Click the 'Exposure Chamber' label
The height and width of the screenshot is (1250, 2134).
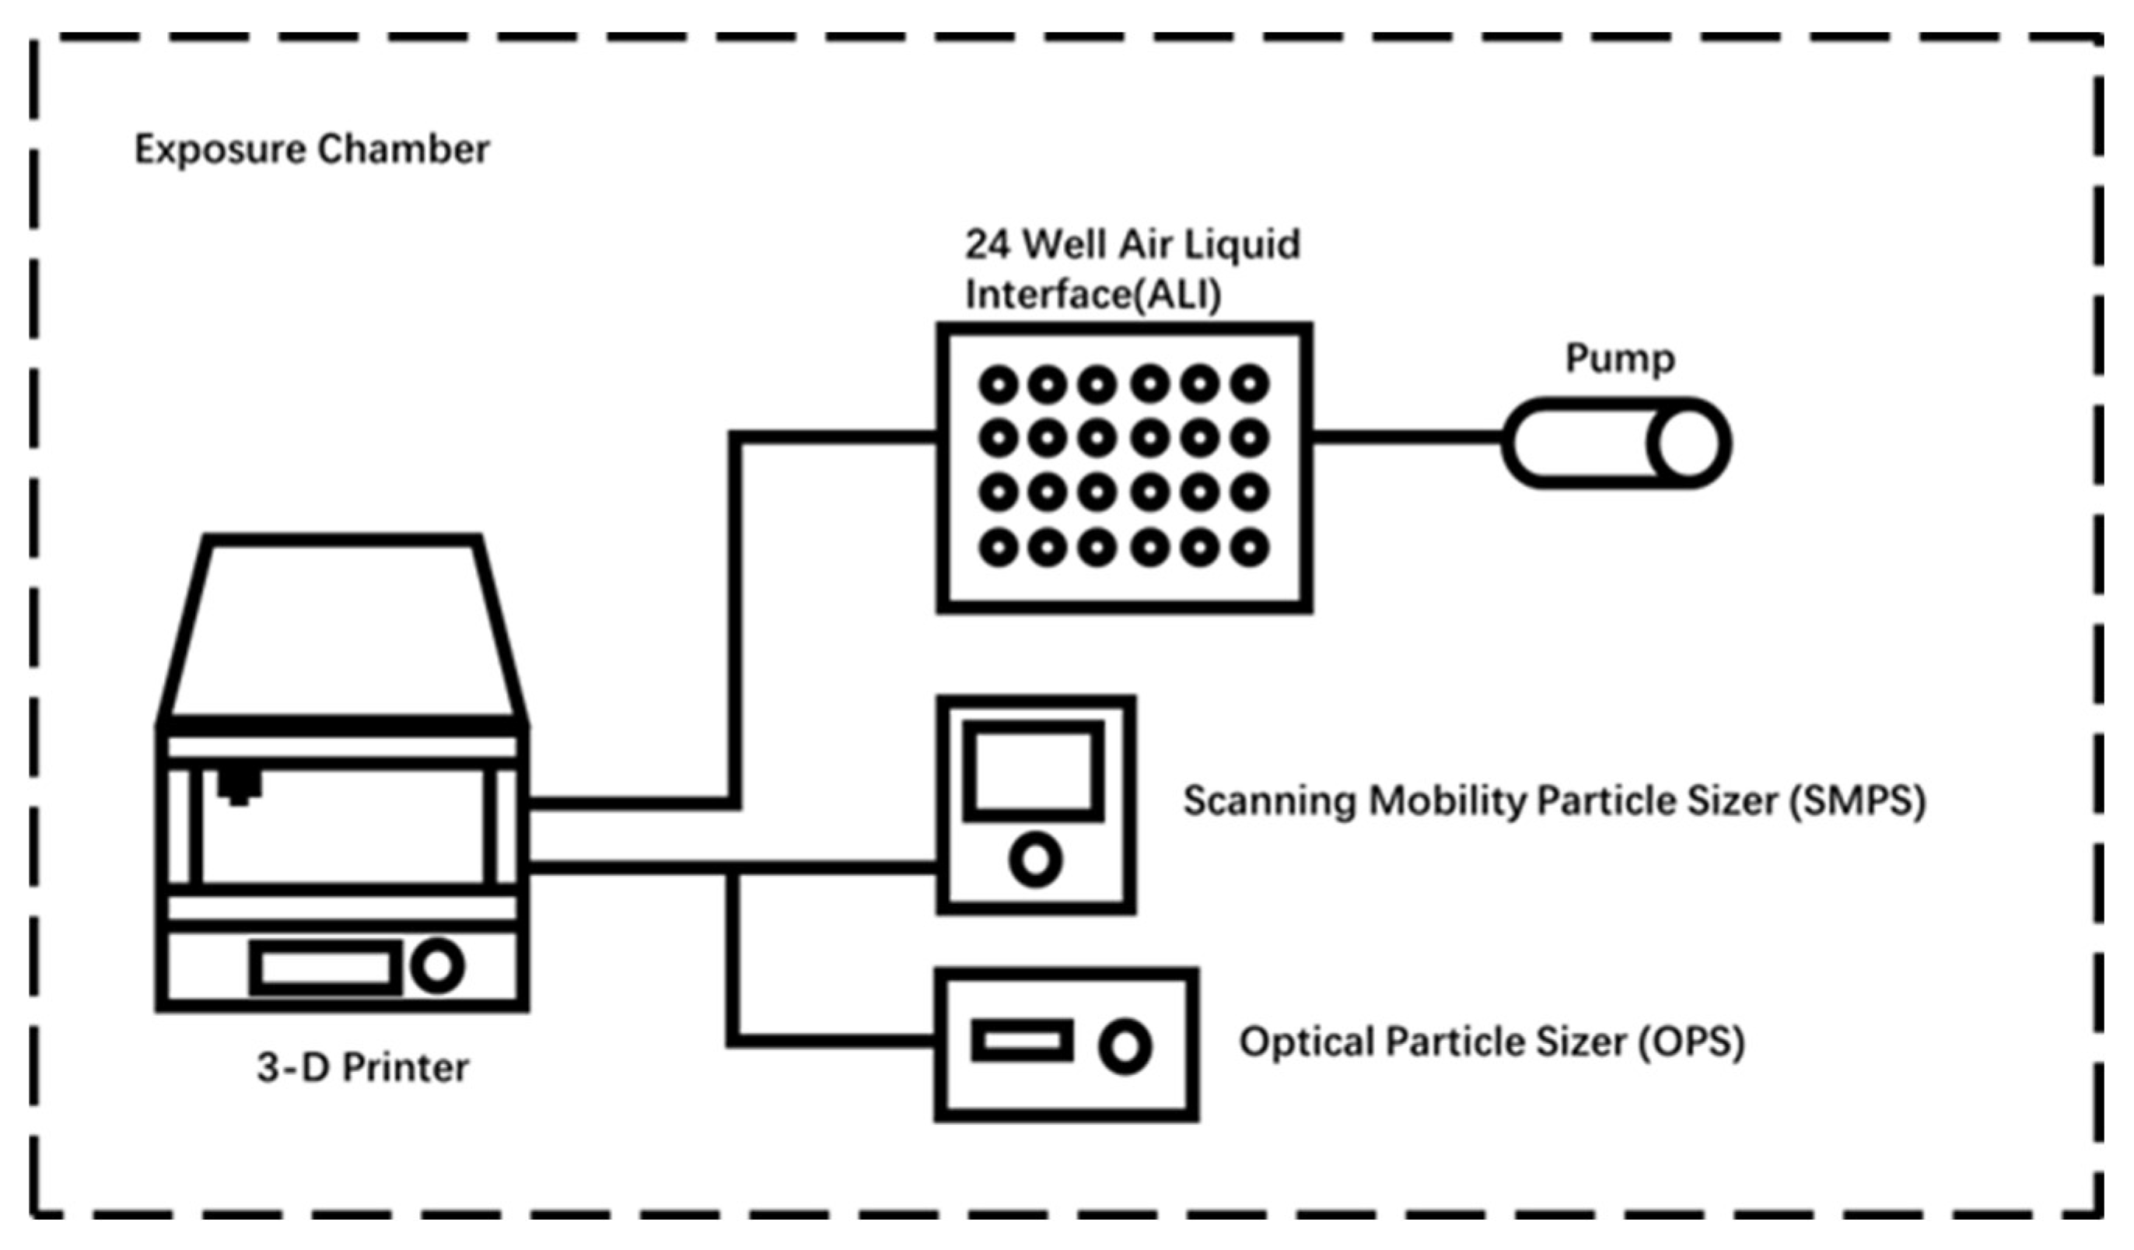pos(312,150)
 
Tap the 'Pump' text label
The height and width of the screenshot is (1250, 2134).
pos(1619,359)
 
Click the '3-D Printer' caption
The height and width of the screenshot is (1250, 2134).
pos(362,1068)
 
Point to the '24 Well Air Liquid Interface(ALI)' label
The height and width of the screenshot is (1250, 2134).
pos(1132,269)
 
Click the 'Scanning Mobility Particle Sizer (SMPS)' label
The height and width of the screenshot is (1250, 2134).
pos(1554,801)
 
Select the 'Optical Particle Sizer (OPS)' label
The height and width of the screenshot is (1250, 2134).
pos(1492,1042)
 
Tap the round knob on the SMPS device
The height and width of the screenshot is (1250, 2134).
pos(1035,860)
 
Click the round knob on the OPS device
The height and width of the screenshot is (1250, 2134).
pos(1125,1047)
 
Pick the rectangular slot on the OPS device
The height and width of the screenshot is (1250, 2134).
pos(1022,1041)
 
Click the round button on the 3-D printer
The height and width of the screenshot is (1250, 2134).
pos(437,966)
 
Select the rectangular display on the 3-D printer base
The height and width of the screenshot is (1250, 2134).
pos(325,967)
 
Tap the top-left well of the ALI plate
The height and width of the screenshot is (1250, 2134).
pos(999,386)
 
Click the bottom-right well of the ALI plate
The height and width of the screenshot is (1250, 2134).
pos(1249,548)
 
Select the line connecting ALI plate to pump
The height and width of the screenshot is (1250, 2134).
pos(1408,438)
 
